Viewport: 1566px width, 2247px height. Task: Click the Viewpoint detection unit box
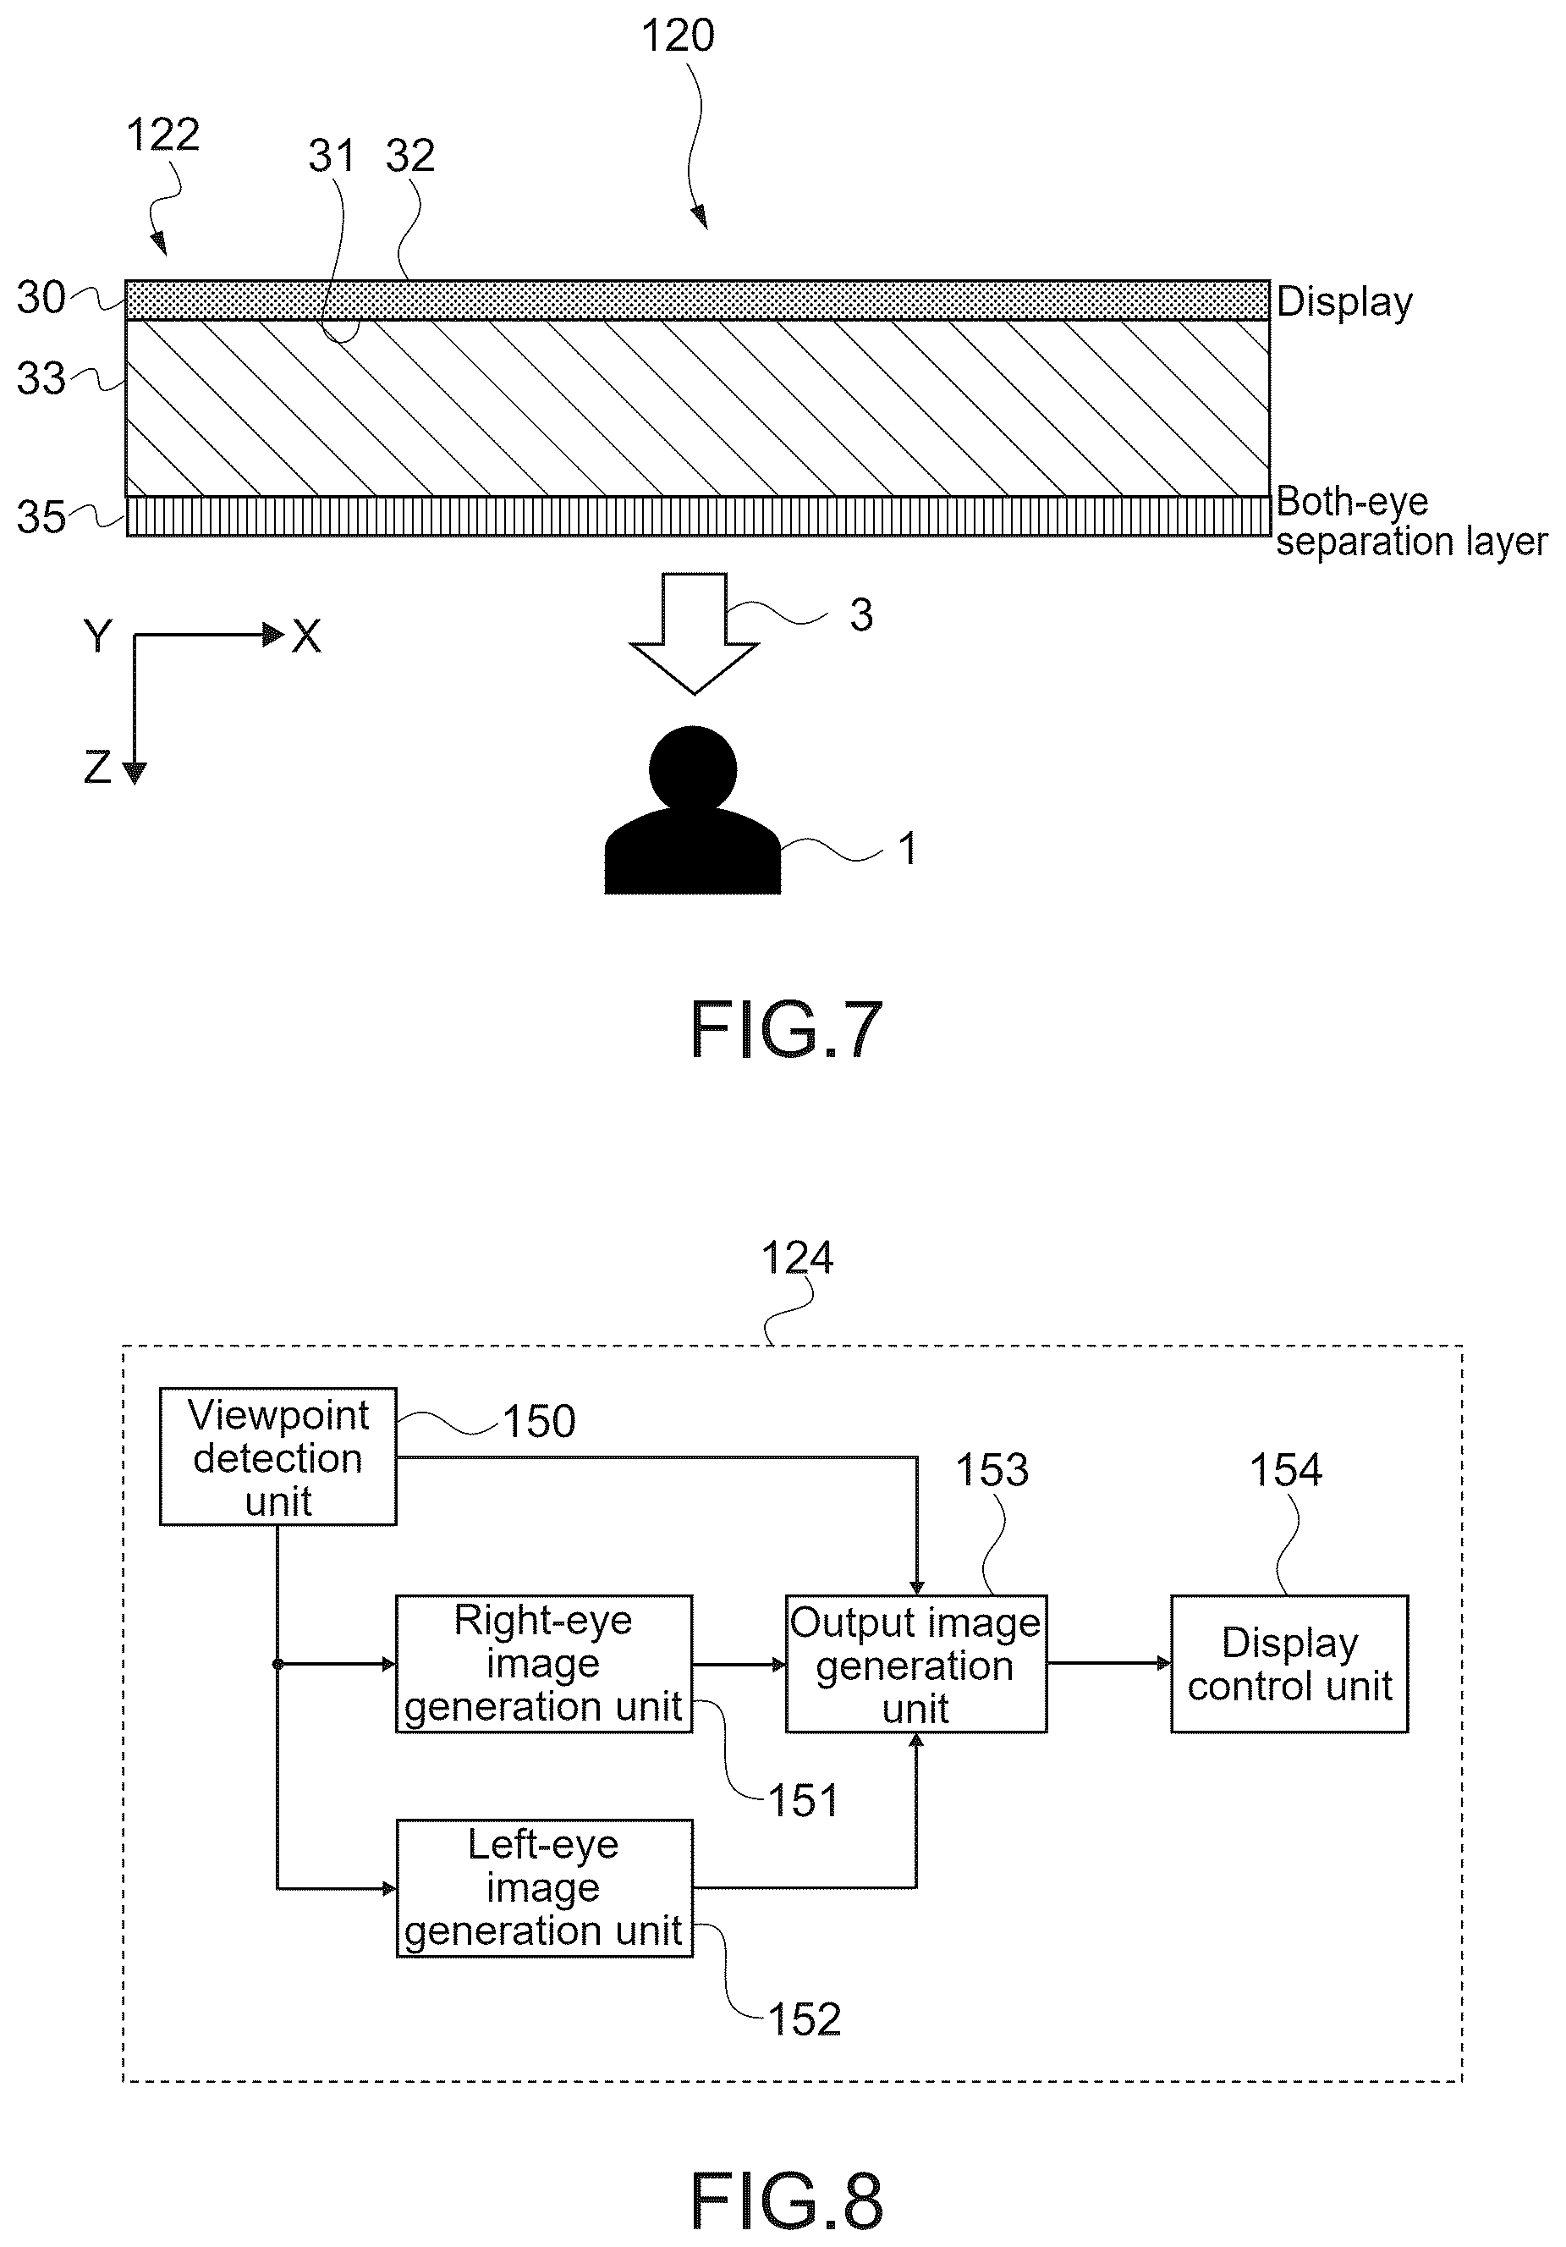277,1457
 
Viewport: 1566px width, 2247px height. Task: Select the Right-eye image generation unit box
544,1664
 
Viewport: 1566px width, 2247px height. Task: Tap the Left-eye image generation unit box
544,1888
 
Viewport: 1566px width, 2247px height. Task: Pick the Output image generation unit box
916,1664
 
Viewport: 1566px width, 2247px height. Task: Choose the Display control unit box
1289,1664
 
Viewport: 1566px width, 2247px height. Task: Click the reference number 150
539,1421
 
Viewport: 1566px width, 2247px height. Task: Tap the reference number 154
1285,1470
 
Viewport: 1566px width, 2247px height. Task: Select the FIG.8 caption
787,2201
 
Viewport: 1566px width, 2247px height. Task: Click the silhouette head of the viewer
693,768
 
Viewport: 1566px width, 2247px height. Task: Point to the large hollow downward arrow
695,633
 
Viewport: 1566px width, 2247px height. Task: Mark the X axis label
306,637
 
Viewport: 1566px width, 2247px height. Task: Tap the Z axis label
96,768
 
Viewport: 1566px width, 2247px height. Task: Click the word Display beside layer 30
1345,302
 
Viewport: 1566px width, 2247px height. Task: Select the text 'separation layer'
1411,541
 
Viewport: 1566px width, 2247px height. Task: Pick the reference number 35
41,518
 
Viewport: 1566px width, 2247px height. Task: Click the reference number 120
678,37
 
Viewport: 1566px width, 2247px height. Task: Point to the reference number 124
797,1258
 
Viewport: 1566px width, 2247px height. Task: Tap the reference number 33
41,379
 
